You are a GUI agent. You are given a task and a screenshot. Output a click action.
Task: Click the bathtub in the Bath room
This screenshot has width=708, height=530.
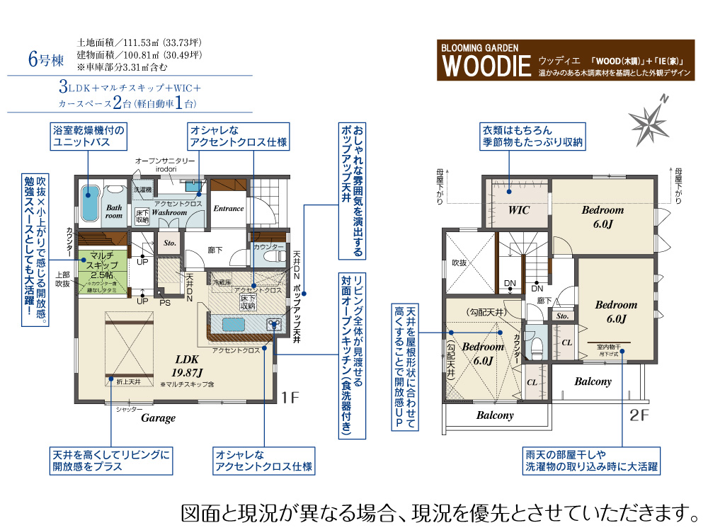pos(89,201)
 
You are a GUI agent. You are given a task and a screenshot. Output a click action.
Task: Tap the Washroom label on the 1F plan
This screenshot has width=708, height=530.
pos(169,212)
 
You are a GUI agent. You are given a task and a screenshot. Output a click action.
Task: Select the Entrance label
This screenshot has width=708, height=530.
pos(229,209)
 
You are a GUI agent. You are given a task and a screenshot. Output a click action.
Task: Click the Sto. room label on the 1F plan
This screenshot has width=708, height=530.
pos(170,243)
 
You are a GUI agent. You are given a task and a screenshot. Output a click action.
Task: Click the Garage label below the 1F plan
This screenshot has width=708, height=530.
pos(158,418)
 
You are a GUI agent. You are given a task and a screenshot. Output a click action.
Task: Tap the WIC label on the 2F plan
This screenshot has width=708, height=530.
pos(519,210)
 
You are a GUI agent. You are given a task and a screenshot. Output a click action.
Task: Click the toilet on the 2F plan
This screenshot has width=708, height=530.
pos(537,346)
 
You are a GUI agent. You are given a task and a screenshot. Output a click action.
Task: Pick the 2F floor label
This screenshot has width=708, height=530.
pos(639,415)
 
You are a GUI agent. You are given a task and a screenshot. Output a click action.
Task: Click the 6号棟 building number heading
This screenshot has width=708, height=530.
pos(43,60)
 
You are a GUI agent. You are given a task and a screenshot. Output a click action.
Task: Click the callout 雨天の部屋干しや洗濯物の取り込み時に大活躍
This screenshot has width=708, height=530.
pos(591,461)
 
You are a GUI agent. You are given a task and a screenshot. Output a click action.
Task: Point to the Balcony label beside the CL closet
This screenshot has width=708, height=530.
pos(593,381)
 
